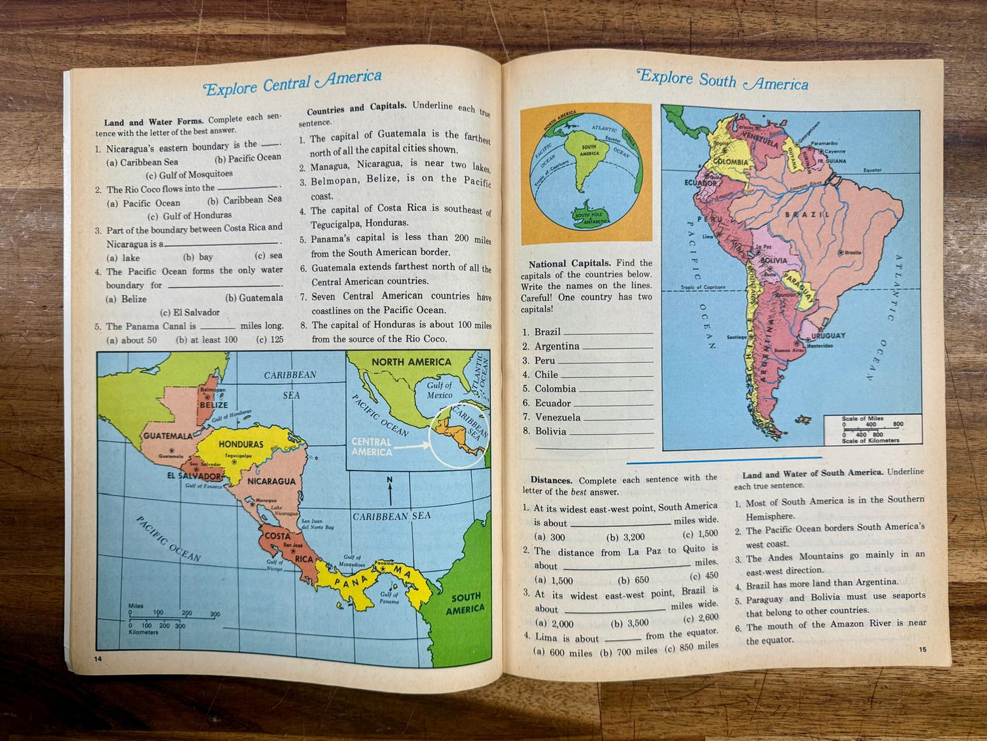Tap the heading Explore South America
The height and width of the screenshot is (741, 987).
pos(722,80)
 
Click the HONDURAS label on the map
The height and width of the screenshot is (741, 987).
pos(241,444)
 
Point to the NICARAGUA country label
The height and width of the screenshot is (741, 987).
pos(271,481)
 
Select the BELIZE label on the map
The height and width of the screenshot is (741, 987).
pos(213,405)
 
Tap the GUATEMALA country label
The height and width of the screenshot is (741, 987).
pos(167,436)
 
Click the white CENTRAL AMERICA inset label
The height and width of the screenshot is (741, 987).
pos(372,447)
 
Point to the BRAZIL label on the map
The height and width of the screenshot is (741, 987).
pos(807,215)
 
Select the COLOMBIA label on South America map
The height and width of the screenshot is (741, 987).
pos(731,162)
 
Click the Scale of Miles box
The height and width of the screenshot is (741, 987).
pos(872,429)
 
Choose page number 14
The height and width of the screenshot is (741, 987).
pos(98,658)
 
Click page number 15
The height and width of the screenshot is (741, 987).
pos(922,649)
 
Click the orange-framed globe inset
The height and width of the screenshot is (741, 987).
pos(586,174)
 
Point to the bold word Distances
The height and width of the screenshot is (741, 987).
pos(551,480)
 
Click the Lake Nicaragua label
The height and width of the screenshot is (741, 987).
pos(285,511)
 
